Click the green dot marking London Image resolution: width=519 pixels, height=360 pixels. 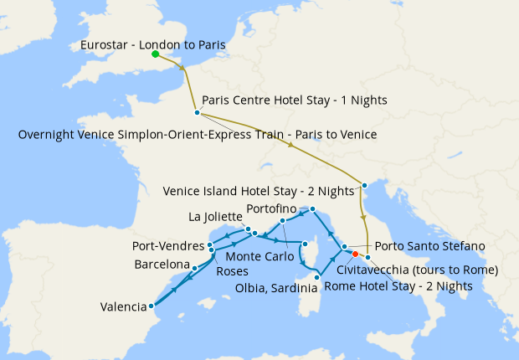tap(155, 55)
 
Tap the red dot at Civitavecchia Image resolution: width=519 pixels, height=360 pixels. tap(355, 254)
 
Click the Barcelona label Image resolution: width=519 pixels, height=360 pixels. tap(162, 265)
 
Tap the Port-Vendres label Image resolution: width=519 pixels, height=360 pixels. tap(168, 246)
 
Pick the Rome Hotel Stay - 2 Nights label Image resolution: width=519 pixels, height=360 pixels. tap(404, 285)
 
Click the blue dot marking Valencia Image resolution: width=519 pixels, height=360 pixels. tap(152, 306)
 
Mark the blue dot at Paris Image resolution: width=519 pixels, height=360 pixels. tap(197, 112)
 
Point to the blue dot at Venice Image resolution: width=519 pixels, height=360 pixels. tap(364, 185)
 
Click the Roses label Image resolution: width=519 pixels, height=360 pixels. tap(231, 271)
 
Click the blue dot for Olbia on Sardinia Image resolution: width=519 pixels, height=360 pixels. tap(317, 276)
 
